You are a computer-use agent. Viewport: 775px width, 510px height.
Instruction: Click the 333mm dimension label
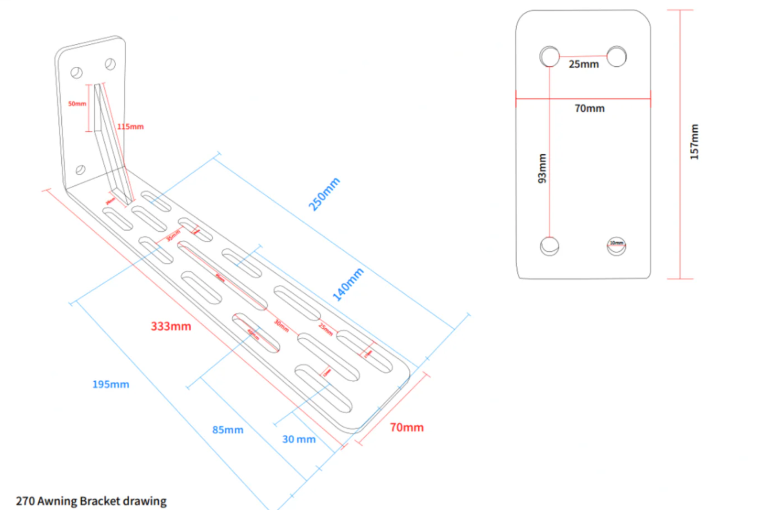[171, 326]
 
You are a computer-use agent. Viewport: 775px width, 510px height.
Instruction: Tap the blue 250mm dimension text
[324, 194]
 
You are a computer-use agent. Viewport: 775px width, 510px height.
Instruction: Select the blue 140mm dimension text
[348, 284]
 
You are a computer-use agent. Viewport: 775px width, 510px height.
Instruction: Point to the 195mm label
[111, 384]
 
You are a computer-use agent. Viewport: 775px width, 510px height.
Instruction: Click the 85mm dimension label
[228, 430]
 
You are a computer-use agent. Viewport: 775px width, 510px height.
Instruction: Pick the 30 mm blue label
[299, 439]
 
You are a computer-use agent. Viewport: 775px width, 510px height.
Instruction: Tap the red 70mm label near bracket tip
[407, 427]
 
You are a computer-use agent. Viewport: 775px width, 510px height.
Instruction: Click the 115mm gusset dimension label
[130, 127]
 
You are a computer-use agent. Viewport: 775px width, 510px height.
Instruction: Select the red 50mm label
[77, 104]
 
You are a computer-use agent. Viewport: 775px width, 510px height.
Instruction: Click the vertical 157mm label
[694, 142]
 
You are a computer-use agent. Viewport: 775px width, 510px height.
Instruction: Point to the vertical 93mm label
[542, 168]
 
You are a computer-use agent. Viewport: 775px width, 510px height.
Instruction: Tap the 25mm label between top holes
[584, 64]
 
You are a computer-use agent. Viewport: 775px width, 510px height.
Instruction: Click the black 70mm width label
[590, 108]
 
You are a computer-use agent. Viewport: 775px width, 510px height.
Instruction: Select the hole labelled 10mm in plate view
[616, 246]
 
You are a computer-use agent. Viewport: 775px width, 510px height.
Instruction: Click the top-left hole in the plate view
[550, 57]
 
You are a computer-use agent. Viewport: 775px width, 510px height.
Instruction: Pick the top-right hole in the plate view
[616, 57]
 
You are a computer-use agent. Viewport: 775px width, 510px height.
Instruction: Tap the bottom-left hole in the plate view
[550, 246]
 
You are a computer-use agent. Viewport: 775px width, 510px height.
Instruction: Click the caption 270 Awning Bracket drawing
[91, 501]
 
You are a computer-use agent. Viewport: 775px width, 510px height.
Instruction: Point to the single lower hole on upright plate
[80, 170]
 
